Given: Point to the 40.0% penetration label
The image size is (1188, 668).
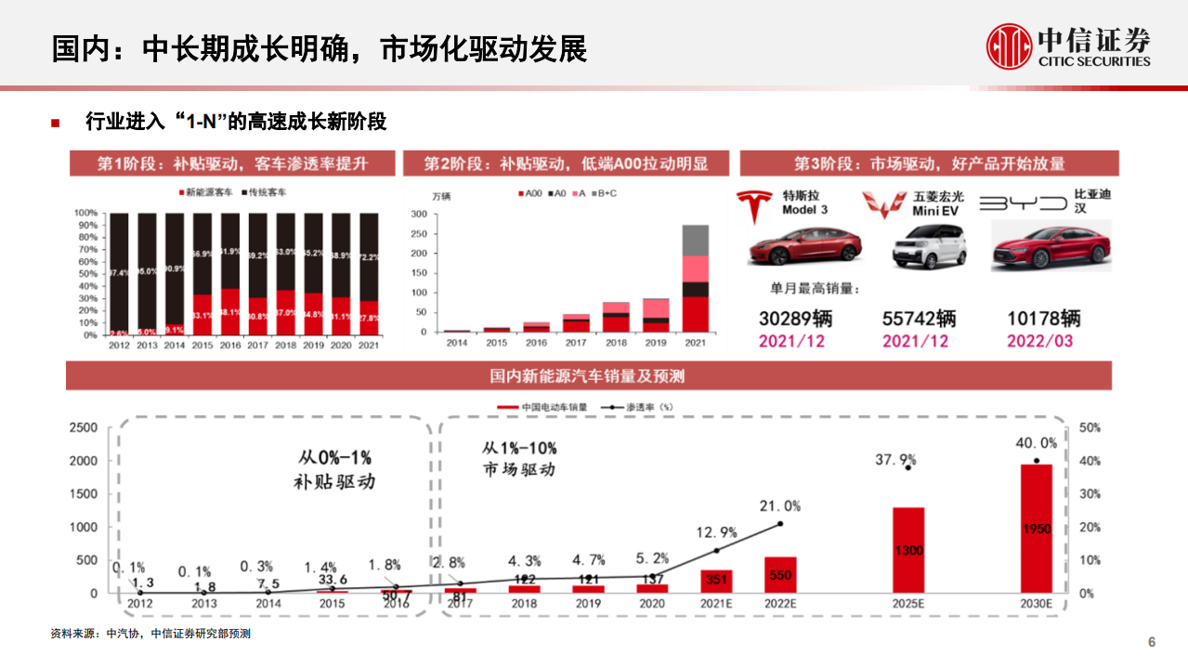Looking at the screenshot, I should coord(1036,443).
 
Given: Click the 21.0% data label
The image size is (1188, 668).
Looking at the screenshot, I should coord(778,506).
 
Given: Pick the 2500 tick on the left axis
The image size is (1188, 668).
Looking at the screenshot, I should coord(84,427).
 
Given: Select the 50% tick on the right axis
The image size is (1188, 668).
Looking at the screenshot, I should coord(1089,427).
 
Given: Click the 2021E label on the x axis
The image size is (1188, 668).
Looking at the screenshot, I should coord(715,604).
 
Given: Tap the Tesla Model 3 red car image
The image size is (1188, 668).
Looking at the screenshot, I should coord(804,246).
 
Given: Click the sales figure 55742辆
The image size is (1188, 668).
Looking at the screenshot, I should coord(919,319).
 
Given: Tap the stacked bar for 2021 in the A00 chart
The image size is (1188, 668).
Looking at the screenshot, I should coord(695,278).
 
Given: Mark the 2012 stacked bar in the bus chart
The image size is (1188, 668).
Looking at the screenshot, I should coord(118,274).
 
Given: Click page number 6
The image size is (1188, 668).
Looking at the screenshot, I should coord(1152,643).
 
